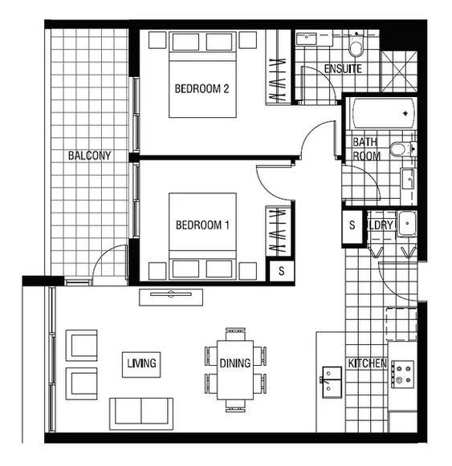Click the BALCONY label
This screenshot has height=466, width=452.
89,155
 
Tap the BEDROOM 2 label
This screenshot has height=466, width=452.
202,89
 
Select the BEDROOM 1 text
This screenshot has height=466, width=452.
202,225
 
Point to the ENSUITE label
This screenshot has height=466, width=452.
343,69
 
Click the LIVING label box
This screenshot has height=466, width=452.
141,363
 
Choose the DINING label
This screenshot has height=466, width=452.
235,363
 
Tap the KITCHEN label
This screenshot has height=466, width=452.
367,363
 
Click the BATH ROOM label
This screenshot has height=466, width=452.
367,149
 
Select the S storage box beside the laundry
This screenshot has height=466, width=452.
352,225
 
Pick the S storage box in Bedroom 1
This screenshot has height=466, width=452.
281,270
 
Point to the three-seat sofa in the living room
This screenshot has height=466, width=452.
141,411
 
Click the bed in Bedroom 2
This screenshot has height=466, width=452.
202,76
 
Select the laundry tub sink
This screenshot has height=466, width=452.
405,225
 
